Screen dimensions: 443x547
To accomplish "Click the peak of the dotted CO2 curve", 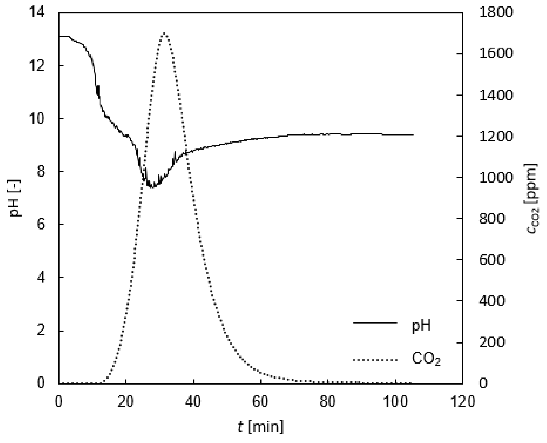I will coord(164,33).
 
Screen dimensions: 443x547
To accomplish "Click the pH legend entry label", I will coord(421,326).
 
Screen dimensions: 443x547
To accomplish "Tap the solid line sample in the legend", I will coord(375,323).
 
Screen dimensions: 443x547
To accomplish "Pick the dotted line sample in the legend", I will coord(375,360).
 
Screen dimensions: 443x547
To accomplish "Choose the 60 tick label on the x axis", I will coord(261,401).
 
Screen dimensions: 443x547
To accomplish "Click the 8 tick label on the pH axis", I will coord(41,172).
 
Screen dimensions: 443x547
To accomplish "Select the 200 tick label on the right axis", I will coord(492,342).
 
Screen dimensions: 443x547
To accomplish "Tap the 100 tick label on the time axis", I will coord(395,401).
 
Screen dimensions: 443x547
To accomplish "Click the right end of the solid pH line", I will coord(413,135).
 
